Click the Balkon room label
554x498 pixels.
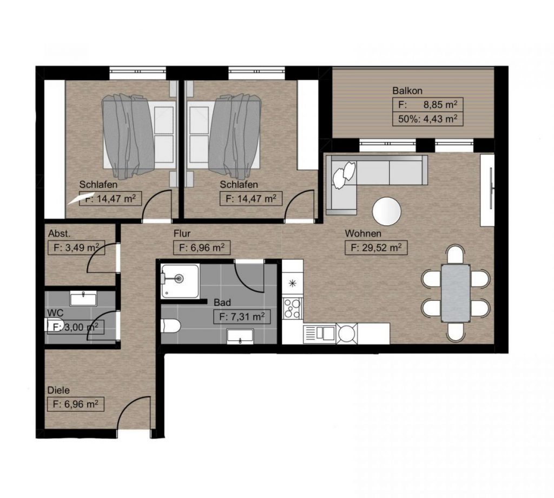tap(407, 90)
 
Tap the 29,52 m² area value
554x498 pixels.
tap(381, 248)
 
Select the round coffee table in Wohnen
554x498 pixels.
tap(386, 211)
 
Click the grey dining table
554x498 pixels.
tap(456, 293)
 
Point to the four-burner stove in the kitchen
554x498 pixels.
tap(293, 309)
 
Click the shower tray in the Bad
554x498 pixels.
tap(180, 281)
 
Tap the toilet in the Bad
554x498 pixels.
tap(170, 325)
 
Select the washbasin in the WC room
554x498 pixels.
tap(83, 299)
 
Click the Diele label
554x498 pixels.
tap(58, 390)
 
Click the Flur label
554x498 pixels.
tap(182, 234)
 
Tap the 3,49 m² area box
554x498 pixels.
tap(76, 248)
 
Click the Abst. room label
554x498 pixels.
tap(60, 234)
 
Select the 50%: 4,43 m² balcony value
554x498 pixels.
tap(428, 119)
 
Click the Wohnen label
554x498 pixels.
tap(363, 234)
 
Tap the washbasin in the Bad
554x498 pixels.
tap(240, 336)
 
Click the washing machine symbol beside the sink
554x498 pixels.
tap(347, 333)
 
